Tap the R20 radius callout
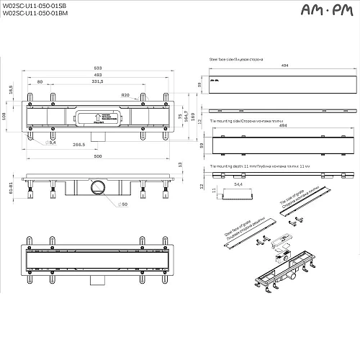point(125,95)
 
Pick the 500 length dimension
point(97,156)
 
